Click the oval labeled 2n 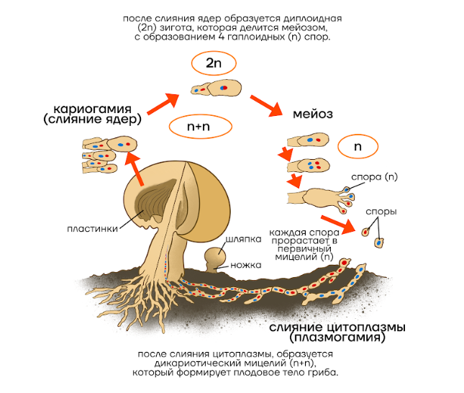pyautogui.click(x=214, y=63)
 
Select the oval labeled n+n pyautogui.click(x=201, y=127)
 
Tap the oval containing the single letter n pyautogui.click(x=358, y=145)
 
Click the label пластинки pyautogui.click(x=88, y=229)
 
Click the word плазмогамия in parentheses pyautogui.click(x=336, y=337)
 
